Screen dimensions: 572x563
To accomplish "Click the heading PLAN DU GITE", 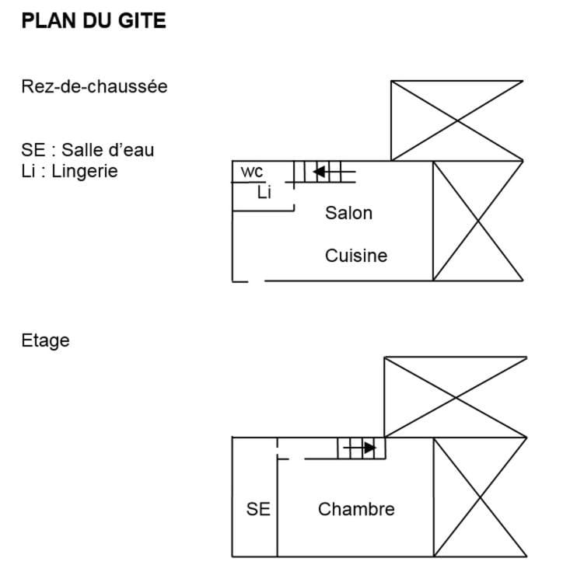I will (x=94, y=21).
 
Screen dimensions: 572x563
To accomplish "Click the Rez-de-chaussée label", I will (x=94, y=86).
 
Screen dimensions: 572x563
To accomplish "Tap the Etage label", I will (x=45, y=340).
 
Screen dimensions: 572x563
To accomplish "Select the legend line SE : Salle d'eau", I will (x=87, y=150).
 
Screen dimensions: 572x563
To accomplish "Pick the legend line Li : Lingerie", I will (x=70, y=171).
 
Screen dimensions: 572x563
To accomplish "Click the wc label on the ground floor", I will (x=252, y=172).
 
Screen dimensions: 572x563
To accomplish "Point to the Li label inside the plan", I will (x=264, y=193).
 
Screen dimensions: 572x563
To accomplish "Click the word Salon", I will (x=348, y=212).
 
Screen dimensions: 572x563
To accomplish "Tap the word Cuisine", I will (x=355, y=255).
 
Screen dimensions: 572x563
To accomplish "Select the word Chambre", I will (x=356, y=509).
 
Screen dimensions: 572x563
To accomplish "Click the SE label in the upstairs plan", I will (x=258, y=509).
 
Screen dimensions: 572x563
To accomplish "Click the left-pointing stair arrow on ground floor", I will (x=319, y=171).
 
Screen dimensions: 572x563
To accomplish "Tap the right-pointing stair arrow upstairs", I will (x=369, y=448).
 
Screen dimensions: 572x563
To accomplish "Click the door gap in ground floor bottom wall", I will (x=257, y=281).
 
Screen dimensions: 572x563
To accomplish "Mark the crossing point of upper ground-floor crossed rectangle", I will (x=456, y=120).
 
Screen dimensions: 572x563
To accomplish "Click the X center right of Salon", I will (x=477, y=221).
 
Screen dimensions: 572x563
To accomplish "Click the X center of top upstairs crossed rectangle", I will (x=455, y=397).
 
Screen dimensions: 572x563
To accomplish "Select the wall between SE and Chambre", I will (x=278, y=513).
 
